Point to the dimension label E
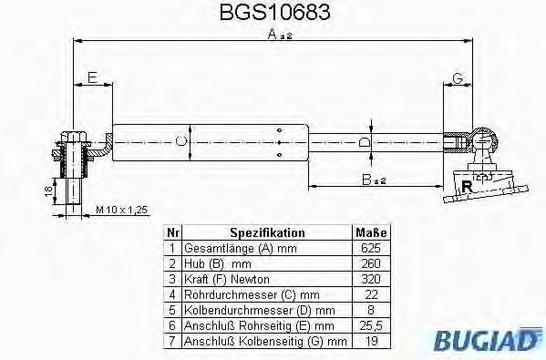coord(92,77)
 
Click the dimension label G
coord(458,77)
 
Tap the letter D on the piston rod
coord(365,142)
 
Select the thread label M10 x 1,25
coord(121,211)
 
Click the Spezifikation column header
coord(266,233)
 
